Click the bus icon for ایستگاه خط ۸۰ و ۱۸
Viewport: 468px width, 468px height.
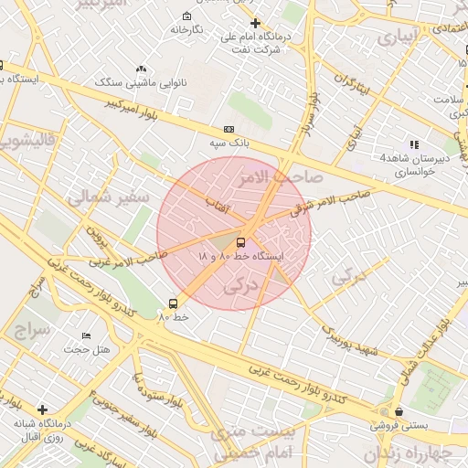pyautogui.click(x=240, y=242)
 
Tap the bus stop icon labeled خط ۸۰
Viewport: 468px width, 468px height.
pyautogui.click(x=173, y=303)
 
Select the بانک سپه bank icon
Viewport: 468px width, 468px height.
pyautogui.click(x=229, y=130)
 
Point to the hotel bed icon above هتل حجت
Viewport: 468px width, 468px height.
pyautogui.click(x=87, y=335)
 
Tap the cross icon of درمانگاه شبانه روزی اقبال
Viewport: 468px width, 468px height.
pyautogui.click(x=41, y=409)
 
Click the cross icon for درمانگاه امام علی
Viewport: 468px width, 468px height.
pyautogui.click(x=254, y=23)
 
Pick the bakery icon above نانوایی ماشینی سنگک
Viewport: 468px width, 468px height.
pyautogui.click(x=141, y=69)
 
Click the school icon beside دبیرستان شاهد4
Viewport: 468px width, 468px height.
pyautogui.click(x=414, y=144)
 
